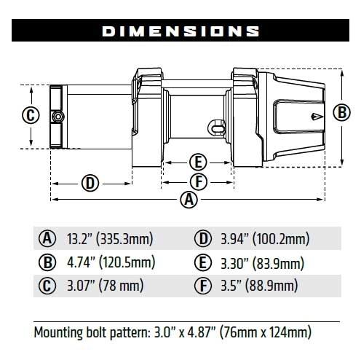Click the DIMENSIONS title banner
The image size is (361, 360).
(x=180, y=31)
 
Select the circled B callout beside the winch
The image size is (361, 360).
(x=341, y=112)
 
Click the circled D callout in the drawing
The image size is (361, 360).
(x=90, y=182)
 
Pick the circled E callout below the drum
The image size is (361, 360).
(x=197, y=162)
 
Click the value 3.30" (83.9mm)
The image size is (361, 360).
(x=260, y=262)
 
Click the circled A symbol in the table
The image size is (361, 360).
(x=47, y=238)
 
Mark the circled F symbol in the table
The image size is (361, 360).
(x=203, y=286)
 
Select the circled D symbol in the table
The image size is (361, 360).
(x=203, y=238)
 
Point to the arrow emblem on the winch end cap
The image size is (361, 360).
(x=314, y=116)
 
